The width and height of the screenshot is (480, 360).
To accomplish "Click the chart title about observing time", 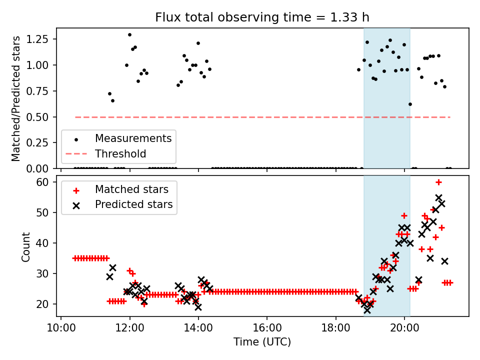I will click(x=262, y=17).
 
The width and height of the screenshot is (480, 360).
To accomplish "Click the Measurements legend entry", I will click(x=133, y=138).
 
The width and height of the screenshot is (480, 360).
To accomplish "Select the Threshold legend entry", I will click(x=120, y=153).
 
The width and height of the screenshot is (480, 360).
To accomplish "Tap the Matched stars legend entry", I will click(x=131, y=189).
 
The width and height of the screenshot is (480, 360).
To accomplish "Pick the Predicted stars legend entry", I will click(x=133, y=204).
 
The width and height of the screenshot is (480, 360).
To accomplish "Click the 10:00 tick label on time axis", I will click(x=61, y=328).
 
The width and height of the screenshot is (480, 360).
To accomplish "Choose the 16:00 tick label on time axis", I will click(x=267, y=328).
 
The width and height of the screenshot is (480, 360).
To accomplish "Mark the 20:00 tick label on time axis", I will click(x=404, y=328).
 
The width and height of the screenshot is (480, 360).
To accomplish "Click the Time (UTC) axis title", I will click(x=262, y=342).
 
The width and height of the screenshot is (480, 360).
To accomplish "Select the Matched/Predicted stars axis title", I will click(x=16, y=98).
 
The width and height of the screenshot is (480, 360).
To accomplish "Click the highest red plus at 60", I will click(x=438, y=182).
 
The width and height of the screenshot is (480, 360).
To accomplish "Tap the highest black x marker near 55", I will click(x=438, y=197).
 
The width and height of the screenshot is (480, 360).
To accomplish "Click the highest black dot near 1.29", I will click(x=129, y=35).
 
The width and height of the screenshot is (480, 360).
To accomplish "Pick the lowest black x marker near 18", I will click(x=367, y=310).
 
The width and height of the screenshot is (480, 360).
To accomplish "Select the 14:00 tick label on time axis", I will click(x=198, y=328).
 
